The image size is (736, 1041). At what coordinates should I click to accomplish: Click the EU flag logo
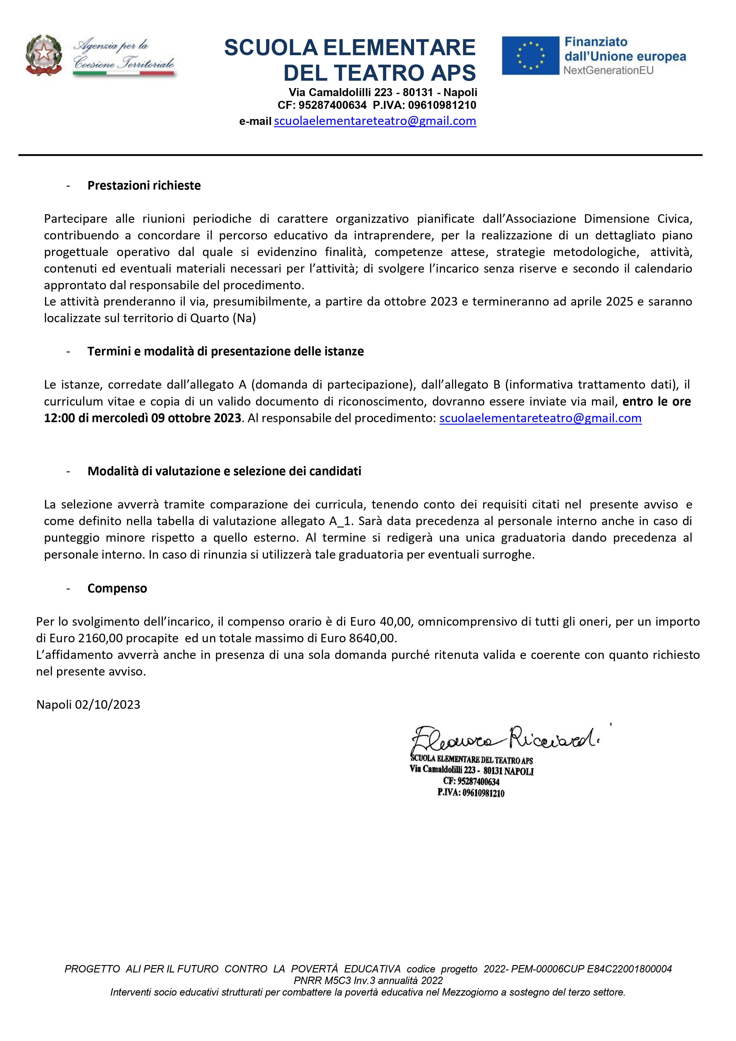[x=530, y=55]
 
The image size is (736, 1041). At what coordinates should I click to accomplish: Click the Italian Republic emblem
[x=44, y=55]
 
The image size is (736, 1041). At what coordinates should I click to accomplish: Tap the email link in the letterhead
[x=375, y=121]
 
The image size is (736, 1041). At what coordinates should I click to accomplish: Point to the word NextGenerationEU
[x=608, y=70]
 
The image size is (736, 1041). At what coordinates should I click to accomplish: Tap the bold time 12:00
[x=59, y=418]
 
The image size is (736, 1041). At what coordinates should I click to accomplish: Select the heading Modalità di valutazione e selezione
[x=224, y=471]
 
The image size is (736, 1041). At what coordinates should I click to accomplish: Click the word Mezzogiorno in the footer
[x=474, y=992]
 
